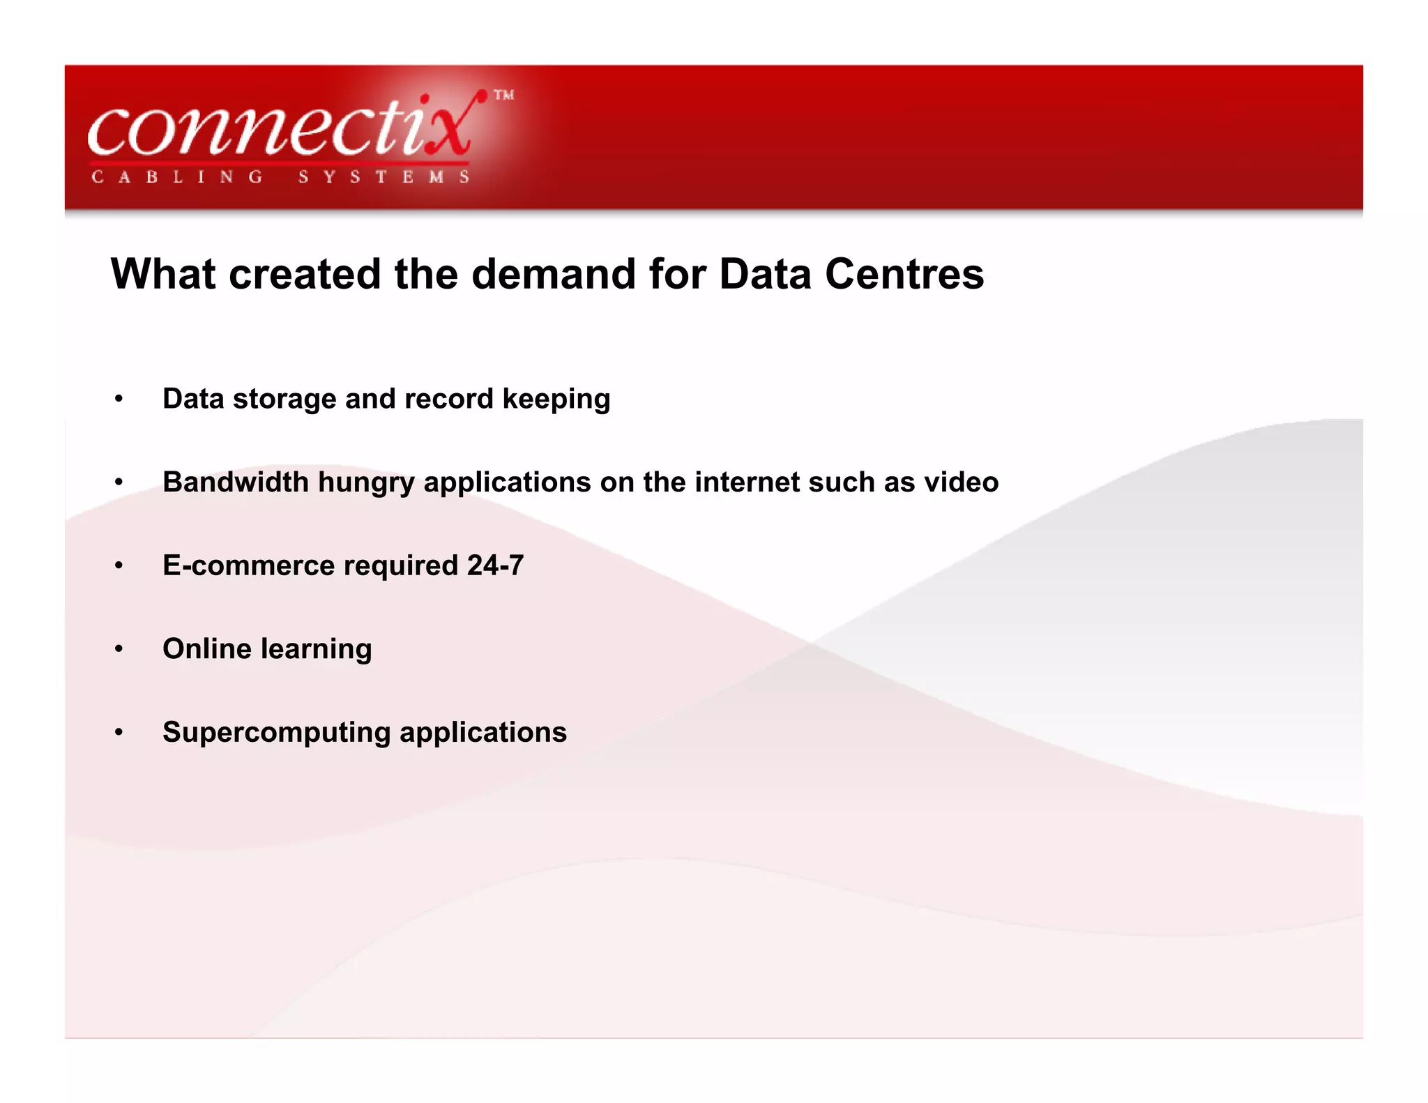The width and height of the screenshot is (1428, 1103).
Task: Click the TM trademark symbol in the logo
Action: point(503,96)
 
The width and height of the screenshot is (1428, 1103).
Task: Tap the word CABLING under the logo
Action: point(177,177)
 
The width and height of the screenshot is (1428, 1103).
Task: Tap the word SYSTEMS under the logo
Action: point(383,177)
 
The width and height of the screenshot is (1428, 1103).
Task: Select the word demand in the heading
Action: point(554,274)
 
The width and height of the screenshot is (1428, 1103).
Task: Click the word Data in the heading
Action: point(765,274)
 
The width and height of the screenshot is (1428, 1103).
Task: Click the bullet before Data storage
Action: point(119,400)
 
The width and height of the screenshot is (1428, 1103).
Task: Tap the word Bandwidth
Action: point(236,482)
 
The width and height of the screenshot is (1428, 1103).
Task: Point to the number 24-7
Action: point(495,565)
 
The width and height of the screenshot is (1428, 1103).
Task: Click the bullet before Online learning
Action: point(119,649)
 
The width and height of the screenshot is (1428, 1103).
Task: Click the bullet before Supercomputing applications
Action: point(119,733)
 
